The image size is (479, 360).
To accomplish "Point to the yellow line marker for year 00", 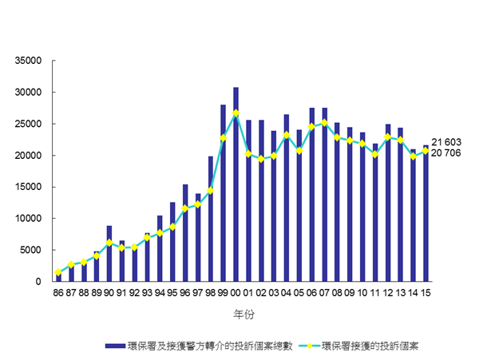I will pyautogui.click(x=236, y=113).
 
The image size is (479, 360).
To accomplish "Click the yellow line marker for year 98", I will pyautogui.click(x=210, y=190).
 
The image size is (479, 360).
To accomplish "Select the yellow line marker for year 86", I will pyautogui.click(x=57, y=272).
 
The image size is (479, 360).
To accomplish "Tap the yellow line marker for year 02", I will pyautogui.click(x=261, y=159).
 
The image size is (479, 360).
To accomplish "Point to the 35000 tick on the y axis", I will pyautogui.click(x=27, y=61).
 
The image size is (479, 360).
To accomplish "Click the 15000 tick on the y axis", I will pyautogui.click(x=27, y=187).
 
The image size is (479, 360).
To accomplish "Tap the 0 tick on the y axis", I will pyautogui.click(x=38, y=282).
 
